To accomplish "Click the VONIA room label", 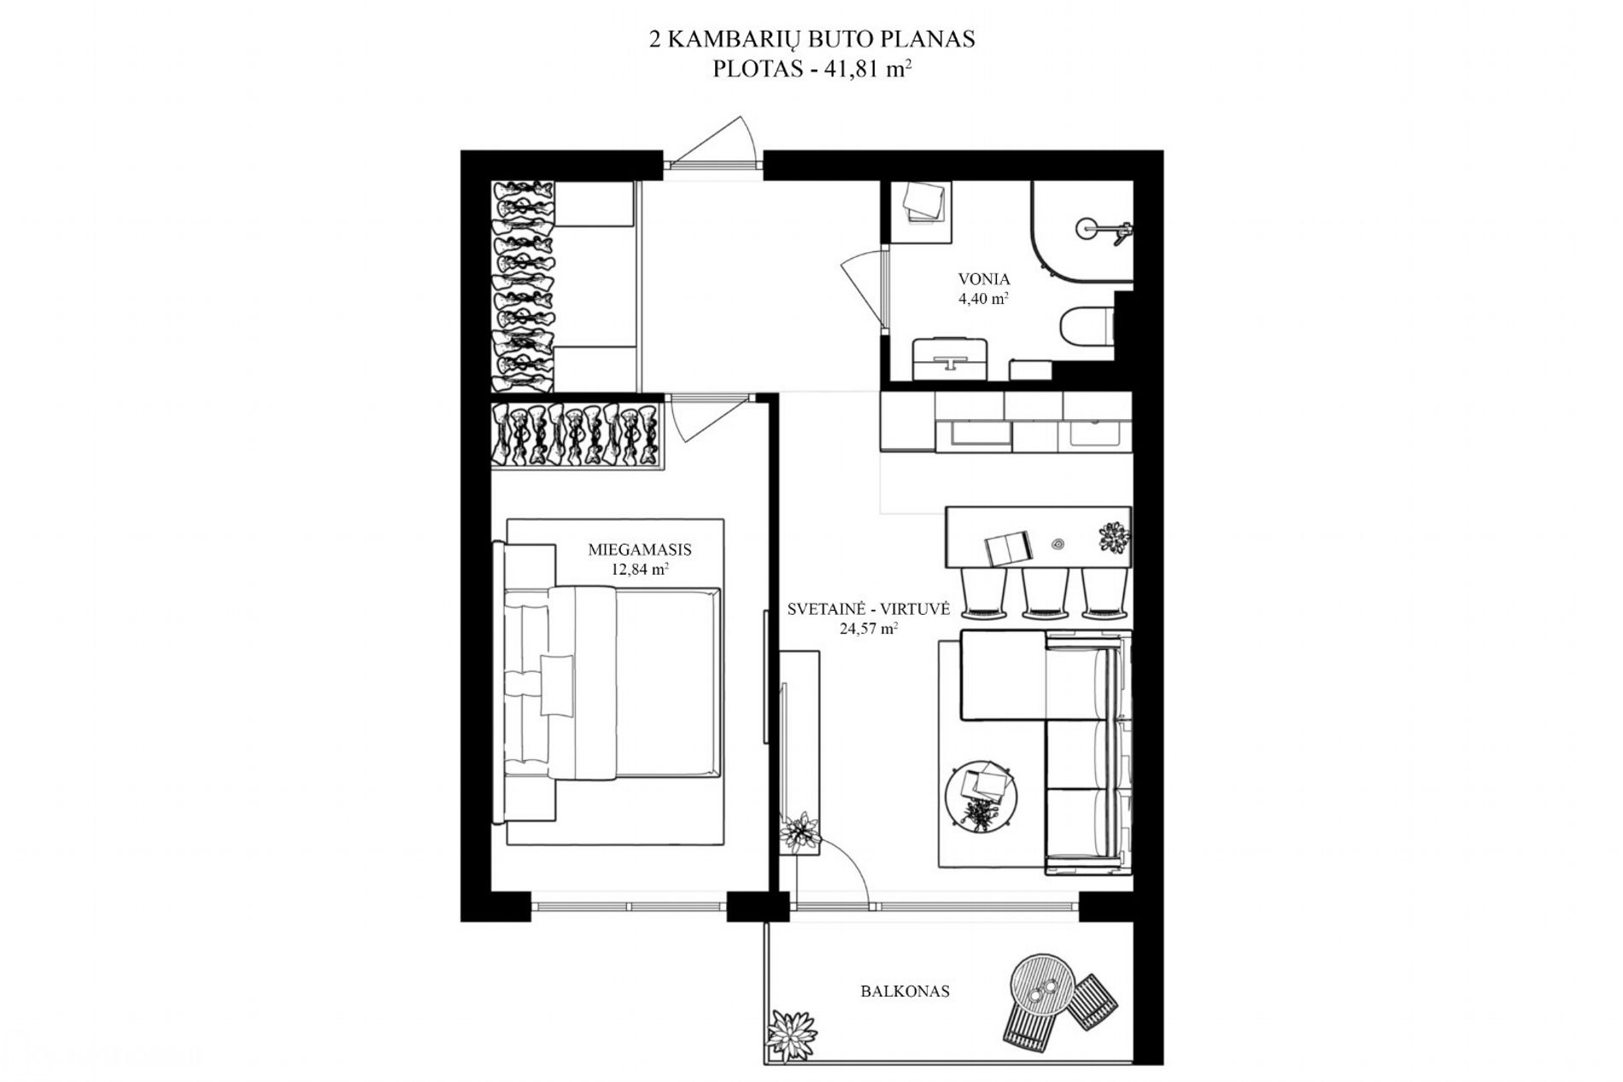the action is coord(984,279).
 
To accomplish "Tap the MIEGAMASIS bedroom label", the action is coord(640,550).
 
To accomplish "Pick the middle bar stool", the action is coord(1044,594).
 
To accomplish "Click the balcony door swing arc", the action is coord(846,858).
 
